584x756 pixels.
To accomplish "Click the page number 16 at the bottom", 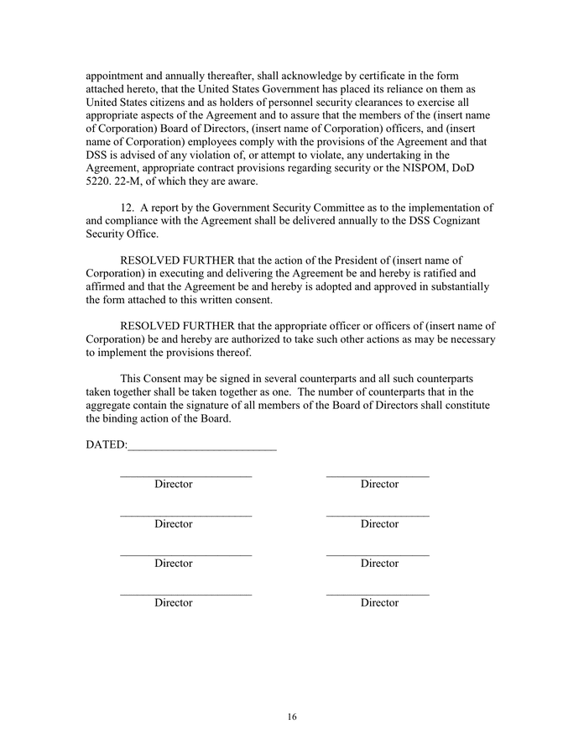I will pos(292,717).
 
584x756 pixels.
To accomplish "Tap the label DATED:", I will pos(107,444).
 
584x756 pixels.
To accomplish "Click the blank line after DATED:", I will pos(202,446).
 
